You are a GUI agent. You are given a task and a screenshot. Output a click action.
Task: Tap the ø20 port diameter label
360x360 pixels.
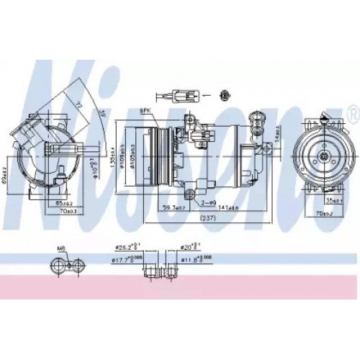[188, 253]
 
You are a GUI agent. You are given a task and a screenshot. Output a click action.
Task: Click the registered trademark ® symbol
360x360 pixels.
[351, 112]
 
